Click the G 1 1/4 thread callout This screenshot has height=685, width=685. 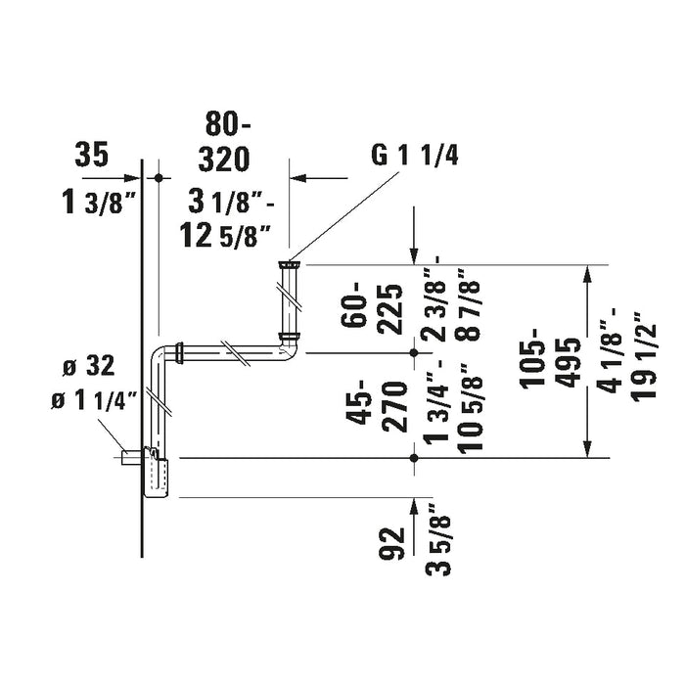coord(414,156)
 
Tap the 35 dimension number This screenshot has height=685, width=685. coord(92,155)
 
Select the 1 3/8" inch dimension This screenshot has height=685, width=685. coord(95,203)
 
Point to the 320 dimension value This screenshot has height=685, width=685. coord(224,159)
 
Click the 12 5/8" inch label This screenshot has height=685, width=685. coord(224,238)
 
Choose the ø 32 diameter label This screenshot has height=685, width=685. coord(89,366)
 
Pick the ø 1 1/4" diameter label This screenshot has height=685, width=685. coord(95,400)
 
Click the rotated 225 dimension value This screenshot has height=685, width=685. coord(390,309)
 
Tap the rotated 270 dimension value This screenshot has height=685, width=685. coord(395,407)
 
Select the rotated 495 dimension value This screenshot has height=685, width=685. coord(571,363)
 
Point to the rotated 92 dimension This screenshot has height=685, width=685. coord(390,543)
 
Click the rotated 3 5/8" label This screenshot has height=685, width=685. coord(438,540)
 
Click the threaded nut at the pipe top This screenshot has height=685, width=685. coord(290,264)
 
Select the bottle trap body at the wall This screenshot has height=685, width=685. coord(155,472)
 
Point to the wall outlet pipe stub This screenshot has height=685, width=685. coord(131,457)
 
